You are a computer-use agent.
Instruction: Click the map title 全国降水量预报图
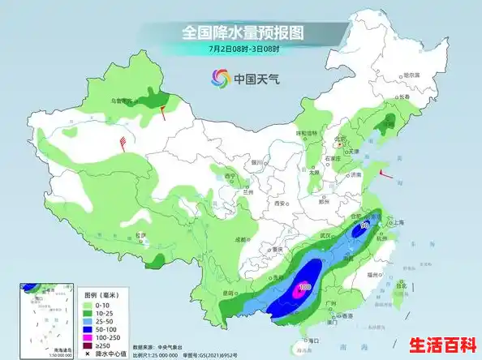tap(241, 32)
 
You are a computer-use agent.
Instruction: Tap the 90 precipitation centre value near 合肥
tap(365, 226)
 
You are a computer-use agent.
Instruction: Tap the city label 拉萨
tap(141, 235)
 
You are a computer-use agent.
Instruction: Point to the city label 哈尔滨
tap(415, 75)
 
